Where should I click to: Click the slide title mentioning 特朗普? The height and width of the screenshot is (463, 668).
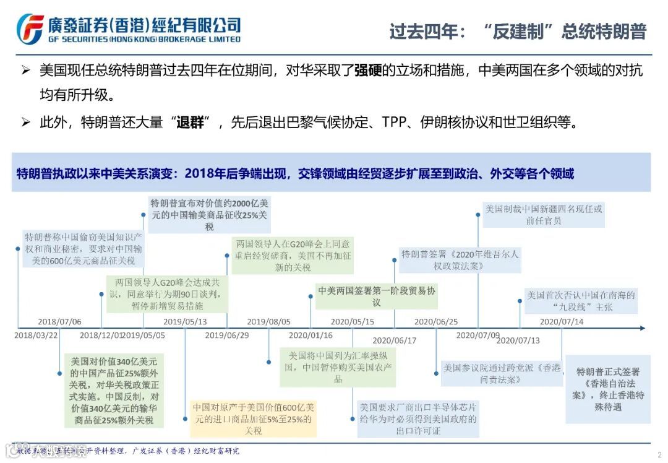pyautogui.click(x=518, y=32)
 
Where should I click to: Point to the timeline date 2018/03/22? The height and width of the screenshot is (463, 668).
pyautogui.click(x=36, y=335)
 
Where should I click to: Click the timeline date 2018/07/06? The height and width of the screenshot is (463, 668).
pyautogui.click(x=59, y=322)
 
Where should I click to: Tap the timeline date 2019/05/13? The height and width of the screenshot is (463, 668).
pyautogui.click(x=185, y=322)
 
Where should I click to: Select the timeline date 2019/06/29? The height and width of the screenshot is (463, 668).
pyautogui.click(x=227, y=335)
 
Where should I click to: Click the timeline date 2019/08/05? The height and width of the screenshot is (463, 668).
pyautogui.click(x=268, y=322)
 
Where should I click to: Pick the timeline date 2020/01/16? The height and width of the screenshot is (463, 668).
pyautogui.click(x=310, y=335)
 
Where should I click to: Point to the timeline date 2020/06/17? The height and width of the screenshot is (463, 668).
pyautogui.click(x=395, y=340)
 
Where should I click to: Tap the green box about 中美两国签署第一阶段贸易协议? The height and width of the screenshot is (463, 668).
pyautogui.click(x=377, y=296)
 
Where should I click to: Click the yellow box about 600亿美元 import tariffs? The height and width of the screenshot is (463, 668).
pyautogui.click(x=253, y=418)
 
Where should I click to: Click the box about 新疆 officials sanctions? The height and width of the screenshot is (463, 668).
pyautogui.click(x=543, y=215)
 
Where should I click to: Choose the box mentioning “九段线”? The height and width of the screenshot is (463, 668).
pyautogui.click(x=581, y=301)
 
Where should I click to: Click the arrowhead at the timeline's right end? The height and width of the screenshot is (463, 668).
pyautogui.click(x=643, y=328)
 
